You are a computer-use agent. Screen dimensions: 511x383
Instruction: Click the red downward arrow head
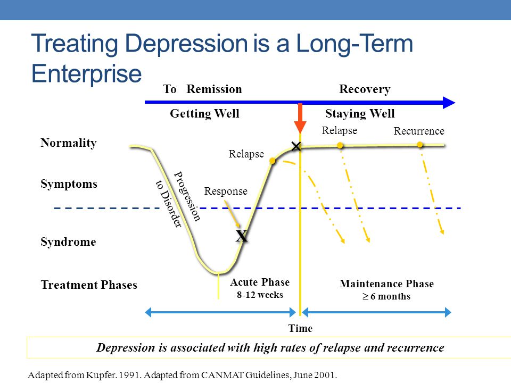tap(300, 127)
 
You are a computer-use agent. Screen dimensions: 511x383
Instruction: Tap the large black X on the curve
tap(242, 236)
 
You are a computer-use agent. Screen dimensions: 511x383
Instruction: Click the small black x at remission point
tap(296, 146)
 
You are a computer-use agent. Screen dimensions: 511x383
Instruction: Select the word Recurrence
tap(419, 131)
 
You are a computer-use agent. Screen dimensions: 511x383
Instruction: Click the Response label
tap(226, 191)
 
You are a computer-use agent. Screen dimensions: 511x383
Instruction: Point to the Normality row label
tap(69, 143)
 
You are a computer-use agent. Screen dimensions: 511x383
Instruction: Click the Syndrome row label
tap(68, 242)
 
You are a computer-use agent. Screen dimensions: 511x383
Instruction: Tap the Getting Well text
tap(204, 113)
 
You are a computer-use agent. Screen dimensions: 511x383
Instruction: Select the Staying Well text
tap(360, 113)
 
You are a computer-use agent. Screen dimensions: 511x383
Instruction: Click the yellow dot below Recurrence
tap(420, 145)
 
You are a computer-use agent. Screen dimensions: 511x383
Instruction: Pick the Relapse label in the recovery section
tap(339, 130)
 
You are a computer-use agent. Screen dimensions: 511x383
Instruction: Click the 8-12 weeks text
tap(260, 295)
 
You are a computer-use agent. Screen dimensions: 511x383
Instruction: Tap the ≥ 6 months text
tap(386, 296)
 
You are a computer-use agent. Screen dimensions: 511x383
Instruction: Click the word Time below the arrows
tap(300, 328)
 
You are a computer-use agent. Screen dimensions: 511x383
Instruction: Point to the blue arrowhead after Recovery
tap(449, 103)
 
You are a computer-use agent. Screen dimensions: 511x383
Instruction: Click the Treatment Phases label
tap(89, 285)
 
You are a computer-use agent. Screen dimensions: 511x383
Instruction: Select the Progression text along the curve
tap(187, 196)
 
